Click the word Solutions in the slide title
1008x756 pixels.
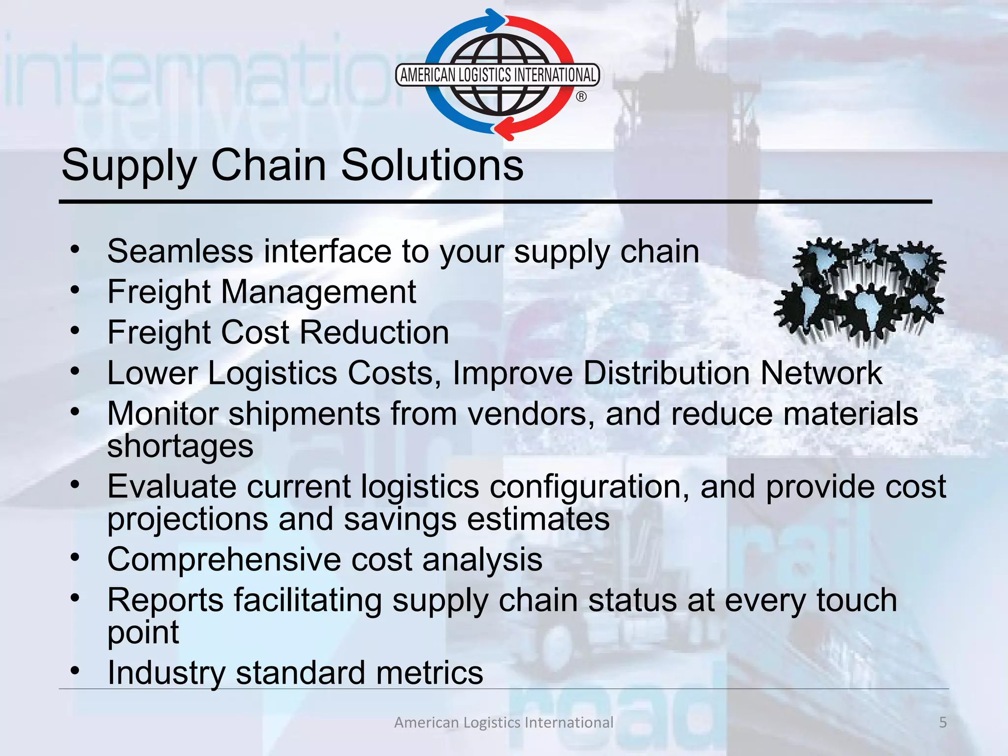click(432, 165)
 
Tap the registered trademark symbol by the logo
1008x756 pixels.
click(581, 97)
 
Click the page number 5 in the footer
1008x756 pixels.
click(943, 722)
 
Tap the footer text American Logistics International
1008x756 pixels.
click(504, 722)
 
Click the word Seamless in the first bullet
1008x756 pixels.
click(180, 252)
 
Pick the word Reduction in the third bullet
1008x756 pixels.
click(374, 332)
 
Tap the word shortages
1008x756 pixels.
click(180, 446)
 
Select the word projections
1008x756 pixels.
click(188, 519)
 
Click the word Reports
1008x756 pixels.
click(165, 600)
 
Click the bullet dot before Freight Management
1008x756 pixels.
click(75, 290)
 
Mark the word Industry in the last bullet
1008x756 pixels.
click(166, 673)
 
